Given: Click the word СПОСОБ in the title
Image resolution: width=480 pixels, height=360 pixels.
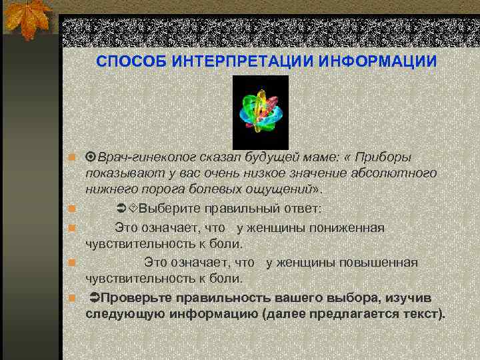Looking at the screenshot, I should [130, 61].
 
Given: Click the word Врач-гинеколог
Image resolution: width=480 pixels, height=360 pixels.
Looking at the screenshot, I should [142, 157].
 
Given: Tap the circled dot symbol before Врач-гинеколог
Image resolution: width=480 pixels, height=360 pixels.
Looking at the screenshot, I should [91, 157].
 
